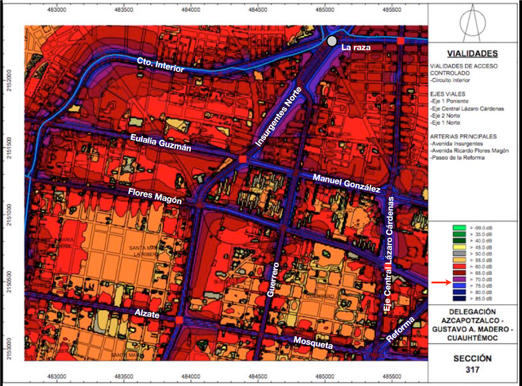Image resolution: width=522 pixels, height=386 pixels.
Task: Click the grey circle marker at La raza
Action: tap(332, 41)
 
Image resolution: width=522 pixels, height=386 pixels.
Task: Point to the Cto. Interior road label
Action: tap(160, 65)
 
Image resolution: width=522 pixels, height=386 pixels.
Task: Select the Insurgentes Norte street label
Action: tap(279, 117)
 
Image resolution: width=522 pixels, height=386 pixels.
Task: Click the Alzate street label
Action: tap(147, 314)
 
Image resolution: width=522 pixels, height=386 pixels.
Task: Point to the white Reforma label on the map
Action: tap(401, 330)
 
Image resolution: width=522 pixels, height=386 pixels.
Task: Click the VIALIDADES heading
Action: tap(472, 54)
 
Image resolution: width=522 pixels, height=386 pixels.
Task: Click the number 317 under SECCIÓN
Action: tap(472, 369)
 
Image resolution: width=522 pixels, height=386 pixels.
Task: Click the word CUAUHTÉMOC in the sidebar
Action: tap(472, 338)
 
